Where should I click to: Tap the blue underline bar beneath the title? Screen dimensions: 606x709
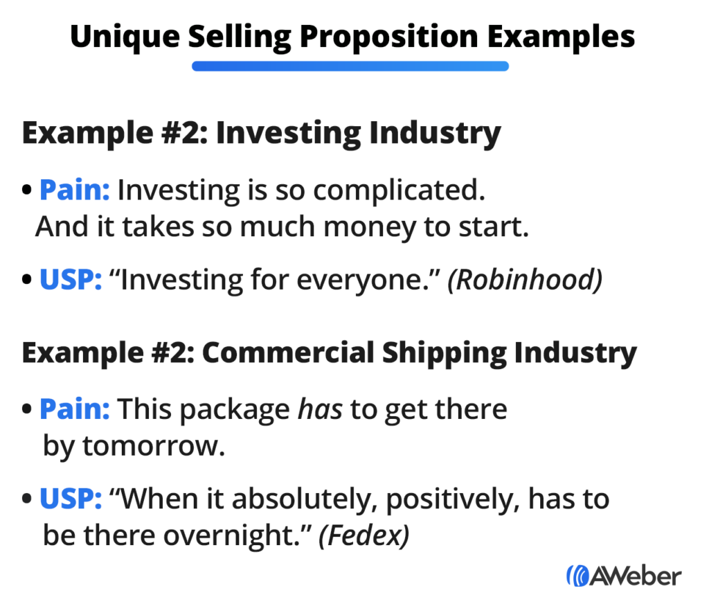(350, 66)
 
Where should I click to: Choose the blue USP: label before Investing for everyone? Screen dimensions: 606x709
(71, 279)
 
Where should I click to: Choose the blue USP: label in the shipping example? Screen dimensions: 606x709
(71, 499)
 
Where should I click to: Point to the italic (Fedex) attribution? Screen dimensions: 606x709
(363, 536)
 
